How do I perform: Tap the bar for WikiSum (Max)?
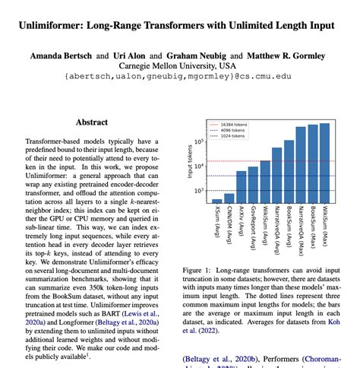(x=324, y=157)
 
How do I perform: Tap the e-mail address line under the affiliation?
(x=180, y=76)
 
